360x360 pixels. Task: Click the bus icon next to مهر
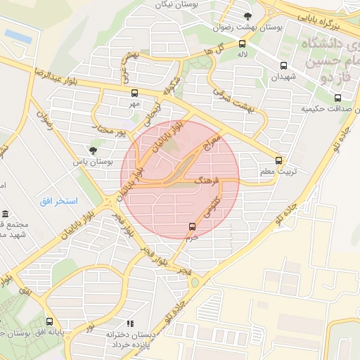[134, 93]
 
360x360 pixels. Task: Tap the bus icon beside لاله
[242, 42]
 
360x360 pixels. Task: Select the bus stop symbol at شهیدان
[280, 65]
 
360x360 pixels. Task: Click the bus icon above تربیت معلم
[279, 160]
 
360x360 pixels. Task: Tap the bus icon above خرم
[192, 226]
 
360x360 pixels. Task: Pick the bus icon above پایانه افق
[49, 321]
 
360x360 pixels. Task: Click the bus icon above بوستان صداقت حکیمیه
[337, 98]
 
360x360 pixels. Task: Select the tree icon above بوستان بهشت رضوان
[247, 15]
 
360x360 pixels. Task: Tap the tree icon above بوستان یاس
[94, 150]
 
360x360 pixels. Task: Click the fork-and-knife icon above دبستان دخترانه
[130, 323]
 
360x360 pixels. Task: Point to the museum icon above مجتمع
[5, 214]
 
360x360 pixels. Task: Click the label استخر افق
[58, 201]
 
